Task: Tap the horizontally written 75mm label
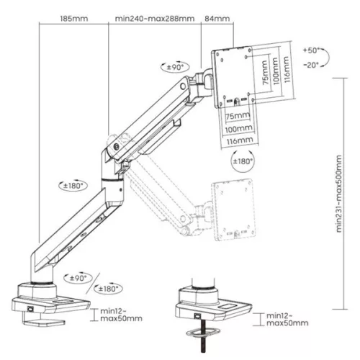[x=234, y=115]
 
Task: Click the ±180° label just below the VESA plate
[x=243, y=163]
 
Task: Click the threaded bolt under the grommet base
[x=199, y=337]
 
